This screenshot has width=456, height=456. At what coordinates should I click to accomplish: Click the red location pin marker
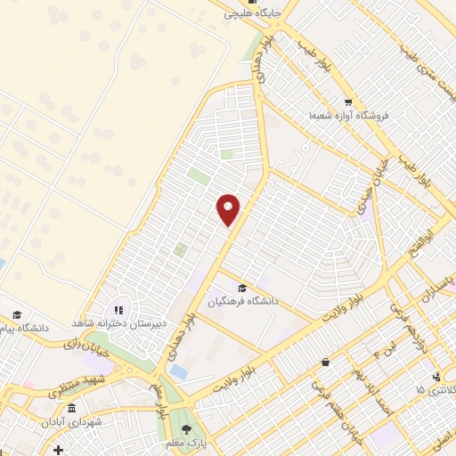(x=229, y=209)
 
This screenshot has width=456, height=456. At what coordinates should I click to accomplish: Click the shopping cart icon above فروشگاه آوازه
(x=347, y=102)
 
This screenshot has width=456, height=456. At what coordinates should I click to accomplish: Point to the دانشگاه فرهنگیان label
(x=244, y=302)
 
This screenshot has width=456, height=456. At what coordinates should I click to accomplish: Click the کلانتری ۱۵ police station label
(x=437, y=391)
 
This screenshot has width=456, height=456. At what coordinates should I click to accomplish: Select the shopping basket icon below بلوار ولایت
(x=325, y=362)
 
